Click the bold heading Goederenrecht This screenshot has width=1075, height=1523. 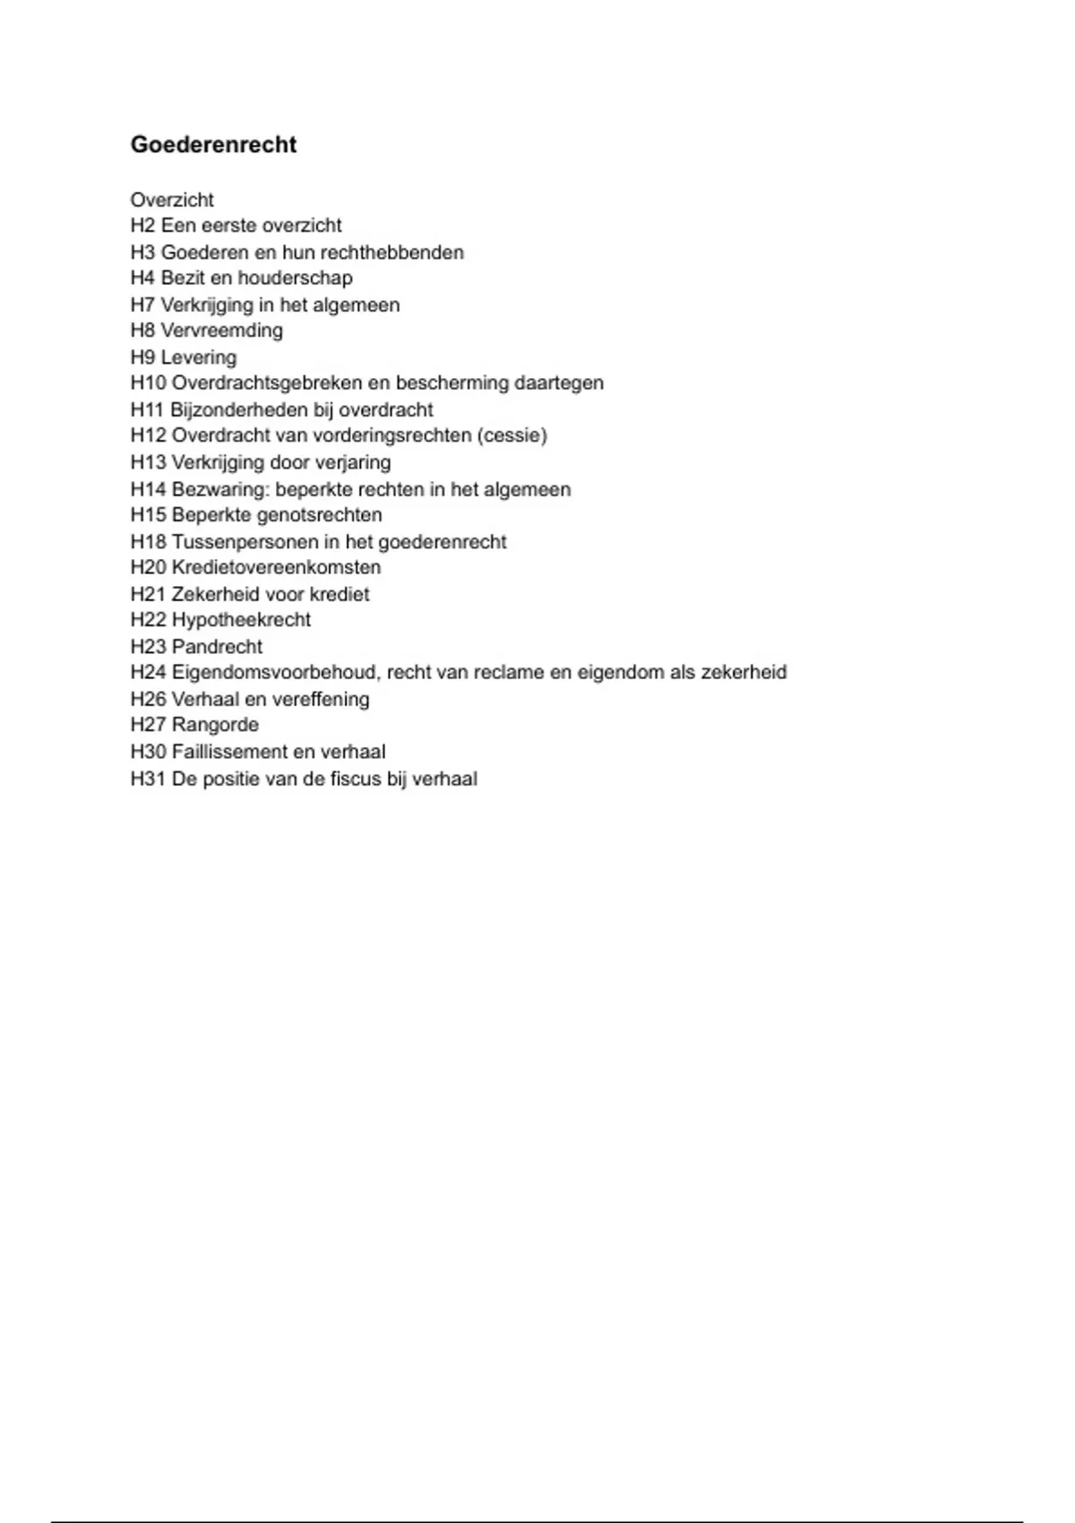click(213, 145)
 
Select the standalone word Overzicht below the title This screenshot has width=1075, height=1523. click(172, 200)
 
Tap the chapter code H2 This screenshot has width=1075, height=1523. click(142, 226)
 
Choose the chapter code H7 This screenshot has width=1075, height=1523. click(142, 305)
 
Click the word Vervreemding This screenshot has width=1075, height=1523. click(221, 331)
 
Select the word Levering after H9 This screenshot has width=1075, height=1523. click(199, 357)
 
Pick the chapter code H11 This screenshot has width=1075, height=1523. click(148, 410)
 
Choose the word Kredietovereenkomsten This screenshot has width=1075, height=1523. click(276, 568)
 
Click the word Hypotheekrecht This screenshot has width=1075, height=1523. click(241, 620)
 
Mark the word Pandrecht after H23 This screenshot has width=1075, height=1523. click(217, 647)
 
